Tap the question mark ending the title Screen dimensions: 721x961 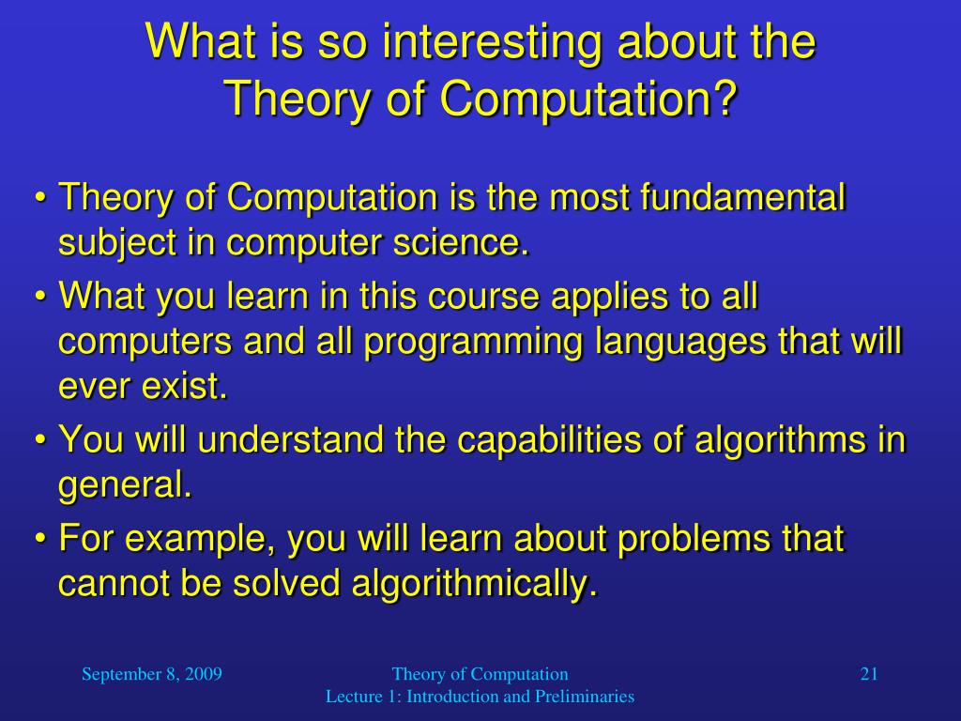coord(725,98)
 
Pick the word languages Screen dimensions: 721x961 coord(681,342)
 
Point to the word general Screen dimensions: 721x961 coord(124,485)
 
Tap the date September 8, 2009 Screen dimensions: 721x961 coord(152,673)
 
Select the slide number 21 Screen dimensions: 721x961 coord(868,673)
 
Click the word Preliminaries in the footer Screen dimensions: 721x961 coord(585,697)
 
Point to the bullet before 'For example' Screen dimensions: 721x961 coord(40,540)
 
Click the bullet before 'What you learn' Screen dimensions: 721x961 coord(40,298)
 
